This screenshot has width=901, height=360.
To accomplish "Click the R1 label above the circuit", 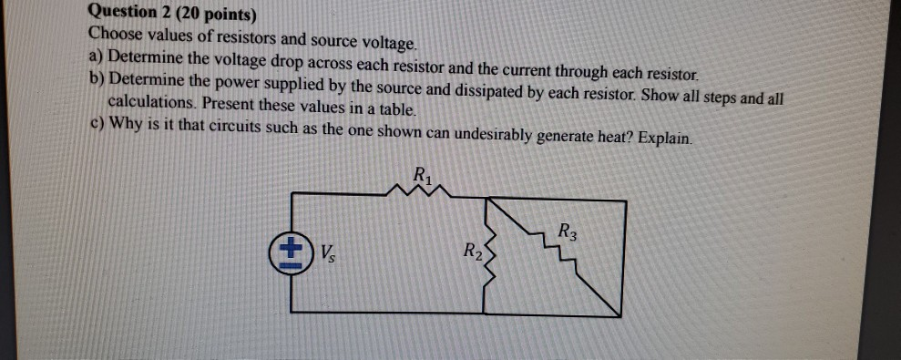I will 423,173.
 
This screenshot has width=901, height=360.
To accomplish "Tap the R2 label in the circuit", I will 471,251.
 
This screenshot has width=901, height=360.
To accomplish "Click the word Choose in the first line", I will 113,35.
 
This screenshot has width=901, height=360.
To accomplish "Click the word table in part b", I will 397,109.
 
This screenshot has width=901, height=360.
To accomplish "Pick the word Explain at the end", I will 664,139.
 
